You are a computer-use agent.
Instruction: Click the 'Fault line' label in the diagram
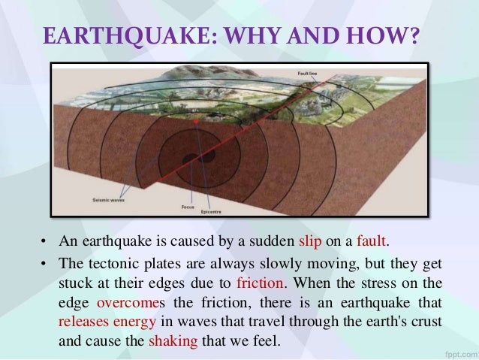click(x=307, y=73)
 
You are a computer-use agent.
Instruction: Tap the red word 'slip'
click(x=311, y=242)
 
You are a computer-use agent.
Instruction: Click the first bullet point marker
click(x=44, y=243)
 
